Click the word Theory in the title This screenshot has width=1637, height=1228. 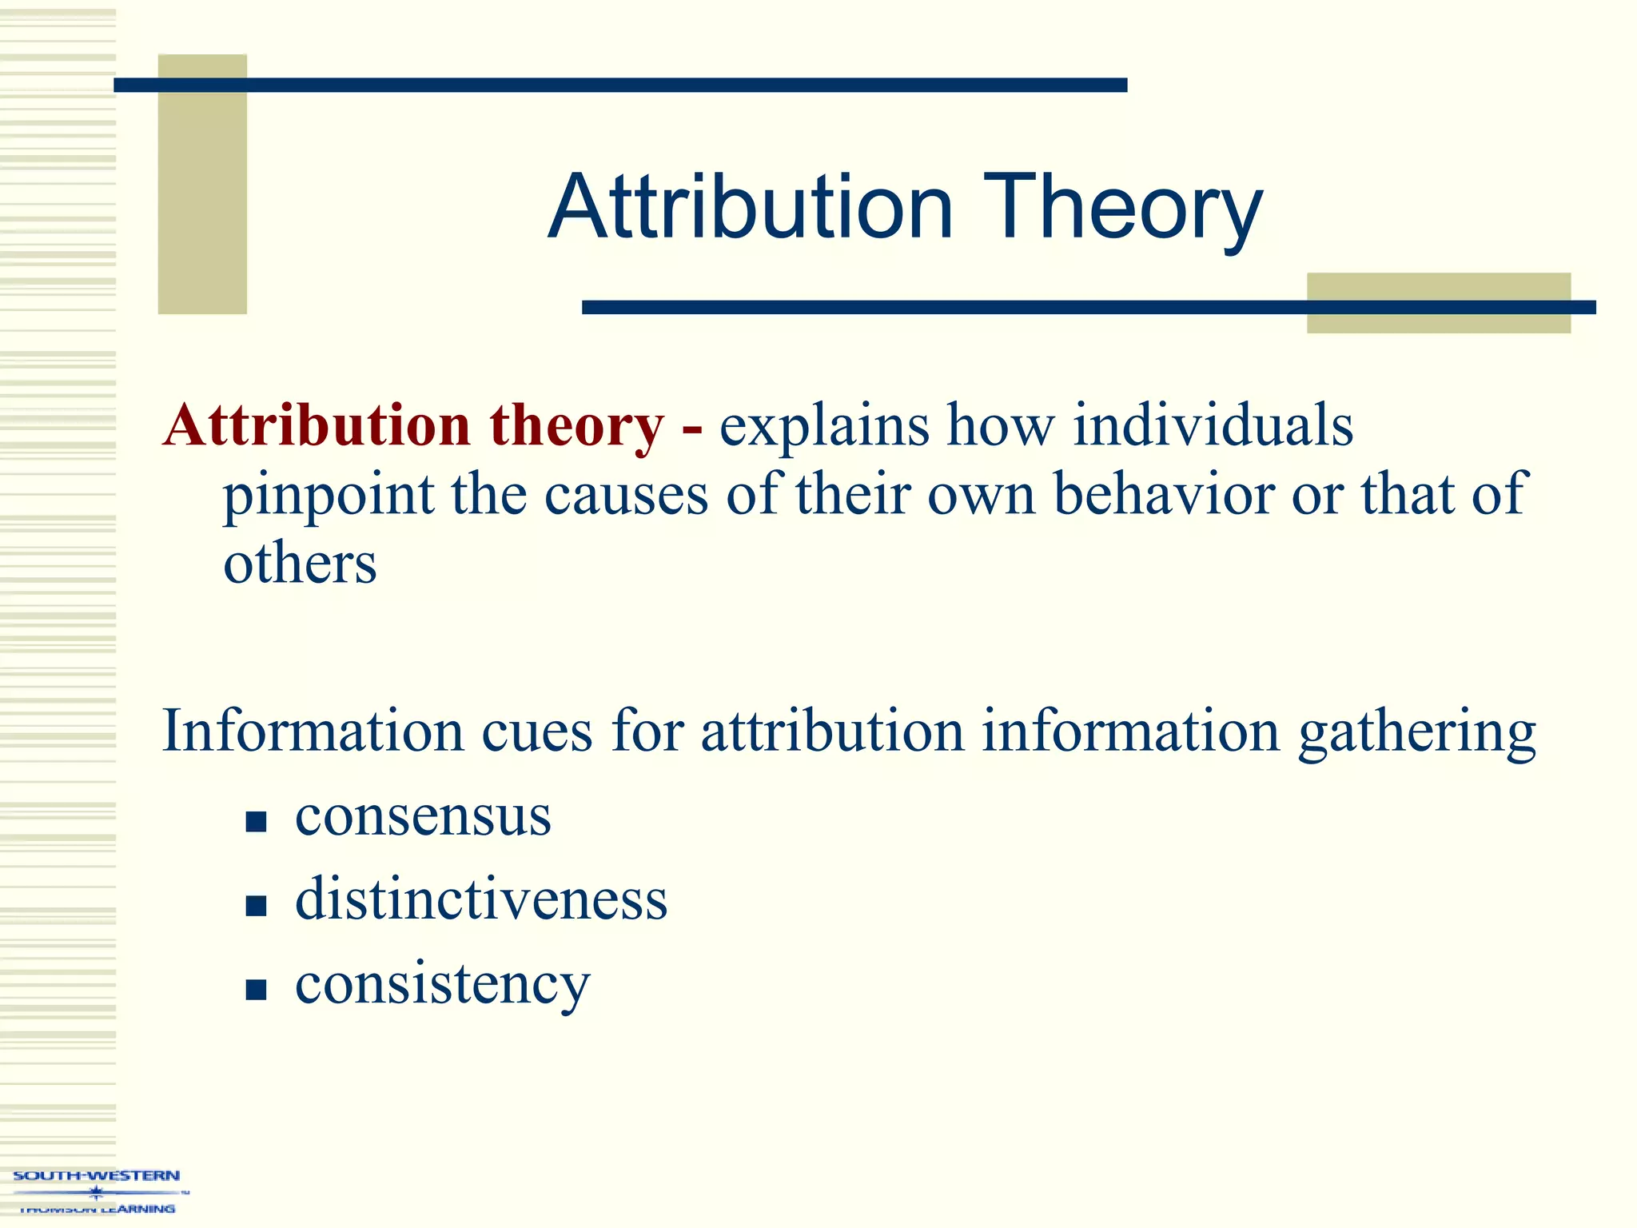click(x=1122, y=208)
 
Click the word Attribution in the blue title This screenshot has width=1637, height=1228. click(x=751, y=208)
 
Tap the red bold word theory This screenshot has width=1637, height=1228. click(x=576, y=425)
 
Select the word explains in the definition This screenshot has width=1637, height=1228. click(x=824, y=425)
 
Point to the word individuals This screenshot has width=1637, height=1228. click(x=1213, y=425)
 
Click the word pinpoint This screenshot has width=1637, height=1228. click(x=328, y=495)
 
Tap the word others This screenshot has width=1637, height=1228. click(x=300, y=564)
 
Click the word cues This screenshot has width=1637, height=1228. click(x=536, y=731)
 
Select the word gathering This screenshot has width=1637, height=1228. click(x=1416, y=732)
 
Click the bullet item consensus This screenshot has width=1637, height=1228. click(x=423, y=816)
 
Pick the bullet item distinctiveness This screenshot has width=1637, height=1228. click(x=481, y=899)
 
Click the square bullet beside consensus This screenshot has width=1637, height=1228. click(x=256, y=822)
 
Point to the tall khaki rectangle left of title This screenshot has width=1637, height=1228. click(x=202, y=184)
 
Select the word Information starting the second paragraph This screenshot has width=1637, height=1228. click(x=313, y=731)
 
